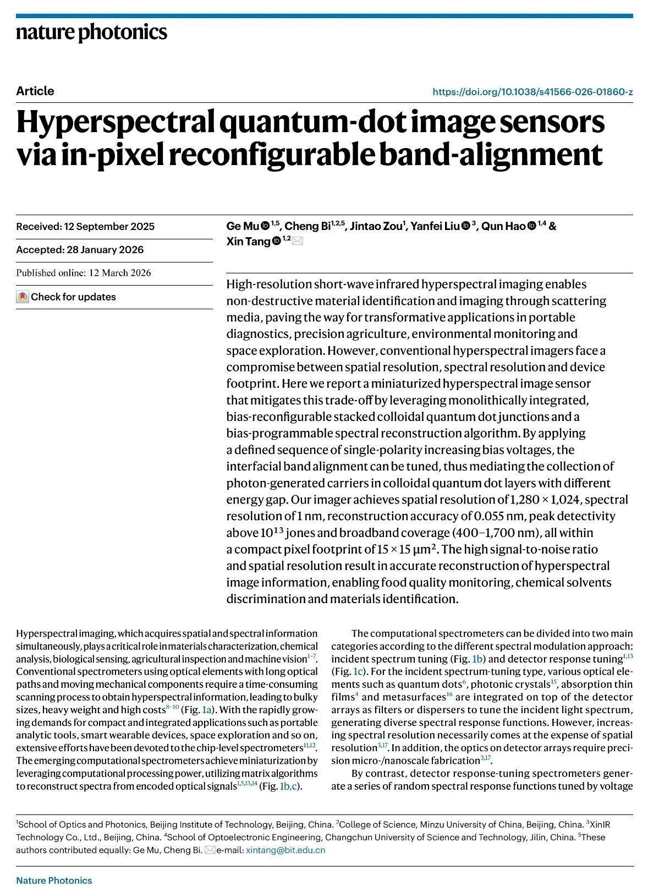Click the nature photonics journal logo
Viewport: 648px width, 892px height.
91,32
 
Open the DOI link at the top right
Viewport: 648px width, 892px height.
532,92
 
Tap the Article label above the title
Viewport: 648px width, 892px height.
35,91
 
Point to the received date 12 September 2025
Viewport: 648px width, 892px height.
109,227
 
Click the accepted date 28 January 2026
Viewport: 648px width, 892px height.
105,250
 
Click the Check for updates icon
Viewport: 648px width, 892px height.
23,297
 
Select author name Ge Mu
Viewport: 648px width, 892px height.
243,227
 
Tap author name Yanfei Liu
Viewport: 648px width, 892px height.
435,227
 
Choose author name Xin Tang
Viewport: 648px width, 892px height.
248,242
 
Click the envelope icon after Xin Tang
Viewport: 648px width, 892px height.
298,241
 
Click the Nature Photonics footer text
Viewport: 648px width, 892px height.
54,880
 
